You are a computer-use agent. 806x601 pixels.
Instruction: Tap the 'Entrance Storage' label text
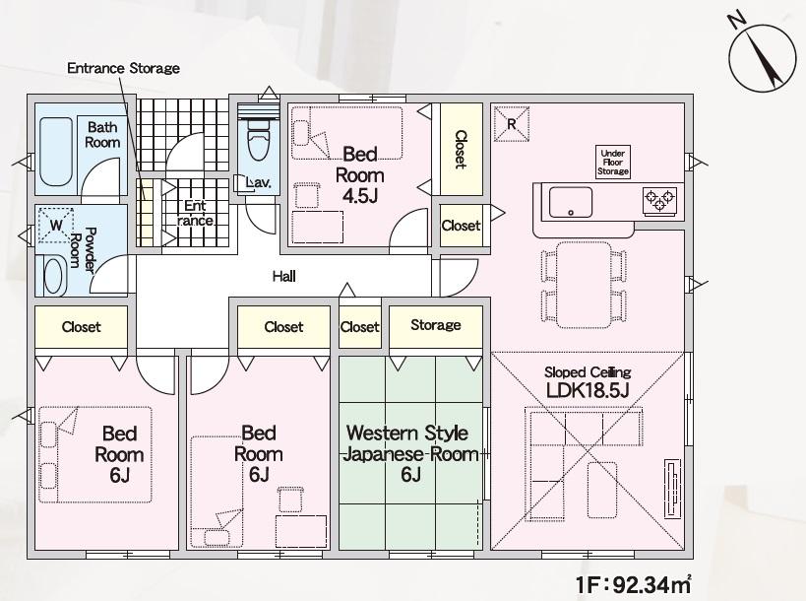click(x=123, y=68)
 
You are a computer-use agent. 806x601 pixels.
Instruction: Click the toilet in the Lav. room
click(x=258, y=137)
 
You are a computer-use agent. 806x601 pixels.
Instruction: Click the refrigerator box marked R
click(x=512, y=124)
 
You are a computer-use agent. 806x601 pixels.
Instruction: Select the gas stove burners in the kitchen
click(x=659, y=200)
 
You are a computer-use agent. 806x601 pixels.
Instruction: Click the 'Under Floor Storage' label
click(x=612, y=162)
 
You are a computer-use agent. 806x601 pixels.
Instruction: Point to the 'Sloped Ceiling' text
click(x=587, y=372)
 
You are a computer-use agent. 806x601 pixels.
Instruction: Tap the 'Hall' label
click(x=284, y=277)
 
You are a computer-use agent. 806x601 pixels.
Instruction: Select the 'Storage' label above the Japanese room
click(x=435, y=325)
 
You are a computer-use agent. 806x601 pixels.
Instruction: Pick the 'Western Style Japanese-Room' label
click(x=406, y=443)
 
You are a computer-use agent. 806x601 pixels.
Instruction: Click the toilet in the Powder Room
click(x=54, y=275)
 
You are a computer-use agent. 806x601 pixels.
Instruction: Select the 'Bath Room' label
click(x=103, y=134)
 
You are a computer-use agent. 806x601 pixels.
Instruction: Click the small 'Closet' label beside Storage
click(x=359, y=327)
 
